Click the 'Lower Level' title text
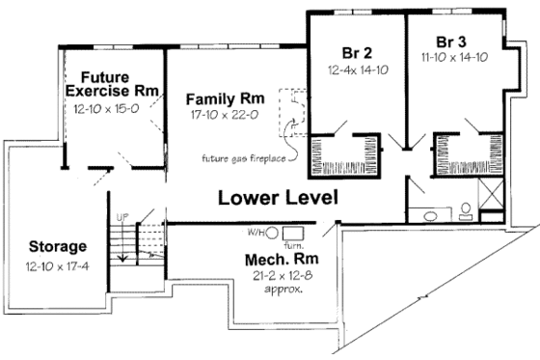278,199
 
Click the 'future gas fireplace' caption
234,158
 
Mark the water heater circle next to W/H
272,233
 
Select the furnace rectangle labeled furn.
293,233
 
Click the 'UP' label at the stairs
122,216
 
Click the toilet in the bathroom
464,210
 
